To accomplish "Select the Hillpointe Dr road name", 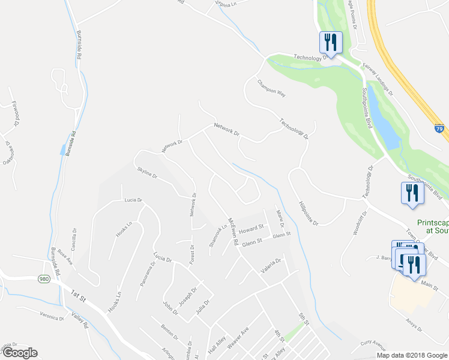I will (x=310, y=214).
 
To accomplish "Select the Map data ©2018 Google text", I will (x=412, y=355).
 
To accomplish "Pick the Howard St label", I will (x=252, y=229).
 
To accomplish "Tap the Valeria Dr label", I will (x=271, y=262).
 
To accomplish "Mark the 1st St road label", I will (x=79, y=295).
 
